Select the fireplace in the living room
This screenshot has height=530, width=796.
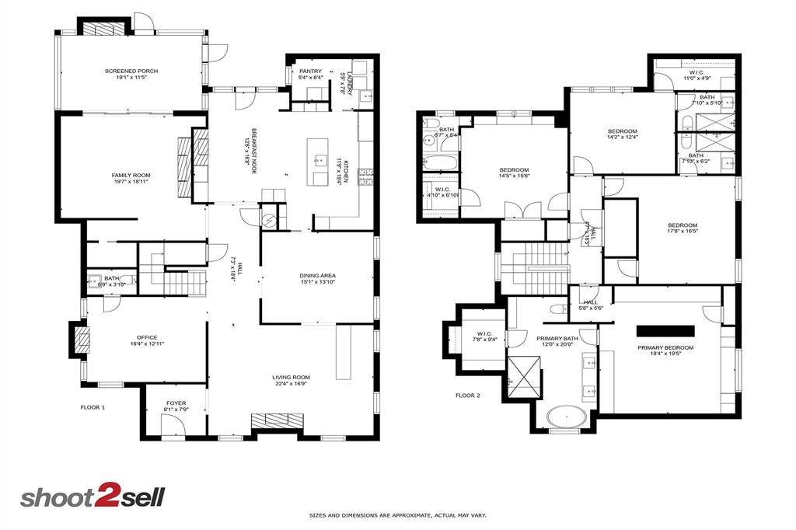pos(278,420)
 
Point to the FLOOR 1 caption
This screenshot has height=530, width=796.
pos(93,407)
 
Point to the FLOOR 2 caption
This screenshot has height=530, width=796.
pos(468,396)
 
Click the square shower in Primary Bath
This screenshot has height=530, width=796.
pos(522,376)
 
